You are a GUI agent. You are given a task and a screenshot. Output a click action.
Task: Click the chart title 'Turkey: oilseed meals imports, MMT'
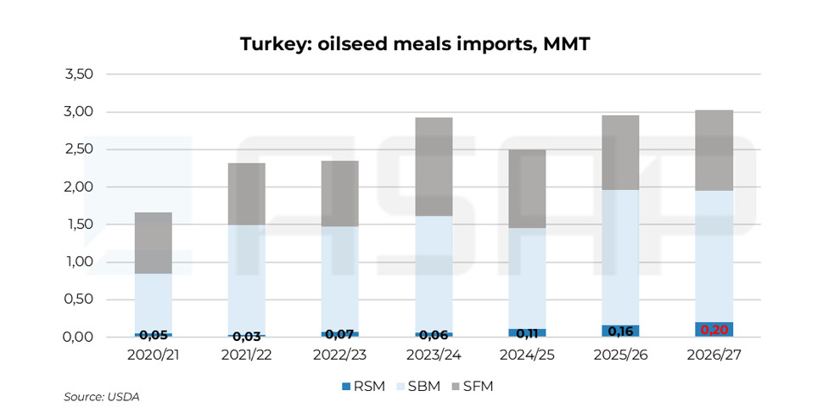[x=415, y=44]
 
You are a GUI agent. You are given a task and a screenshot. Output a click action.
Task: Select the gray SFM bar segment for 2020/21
[x=154, y=243]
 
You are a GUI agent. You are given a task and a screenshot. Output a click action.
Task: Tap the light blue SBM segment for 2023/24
[x=434, y=274]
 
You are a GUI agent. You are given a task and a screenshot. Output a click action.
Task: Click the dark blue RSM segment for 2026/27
[x=714, y=329]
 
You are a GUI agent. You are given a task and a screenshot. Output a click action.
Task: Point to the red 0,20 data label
[x=714, y=330]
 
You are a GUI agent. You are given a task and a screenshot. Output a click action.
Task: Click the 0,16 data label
[x=620, y=331]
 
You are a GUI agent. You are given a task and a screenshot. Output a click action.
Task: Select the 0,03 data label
[x=246, y=337]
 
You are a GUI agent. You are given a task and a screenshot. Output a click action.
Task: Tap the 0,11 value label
[x=527, y=333]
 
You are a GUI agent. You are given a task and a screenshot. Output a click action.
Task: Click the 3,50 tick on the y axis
[x=79, y=75]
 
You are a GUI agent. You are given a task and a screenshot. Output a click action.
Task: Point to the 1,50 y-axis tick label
[x=79, y=225]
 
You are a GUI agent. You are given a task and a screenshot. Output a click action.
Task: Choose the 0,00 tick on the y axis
[x=79, y=337]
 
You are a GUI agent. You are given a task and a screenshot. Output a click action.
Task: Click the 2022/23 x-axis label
[x=340, y=355]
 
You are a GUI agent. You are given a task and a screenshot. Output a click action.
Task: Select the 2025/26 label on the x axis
[x=620, y=355]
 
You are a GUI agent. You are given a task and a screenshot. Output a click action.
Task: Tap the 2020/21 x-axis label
[x=154, y=355]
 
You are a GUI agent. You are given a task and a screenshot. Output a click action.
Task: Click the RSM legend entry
[x=364, y=386]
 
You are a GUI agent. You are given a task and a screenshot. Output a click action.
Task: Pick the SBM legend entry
[x=417, y=386]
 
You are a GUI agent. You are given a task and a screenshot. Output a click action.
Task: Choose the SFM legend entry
[x=472, y=386]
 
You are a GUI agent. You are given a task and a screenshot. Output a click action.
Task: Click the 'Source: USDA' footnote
[x=102, y=397]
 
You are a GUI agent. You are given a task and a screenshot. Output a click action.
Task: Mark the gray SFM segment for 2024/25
[x=527, y=188]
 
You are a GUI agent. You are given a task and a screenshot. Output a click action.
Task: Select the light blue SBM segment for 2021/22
[x=246, y=280]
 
